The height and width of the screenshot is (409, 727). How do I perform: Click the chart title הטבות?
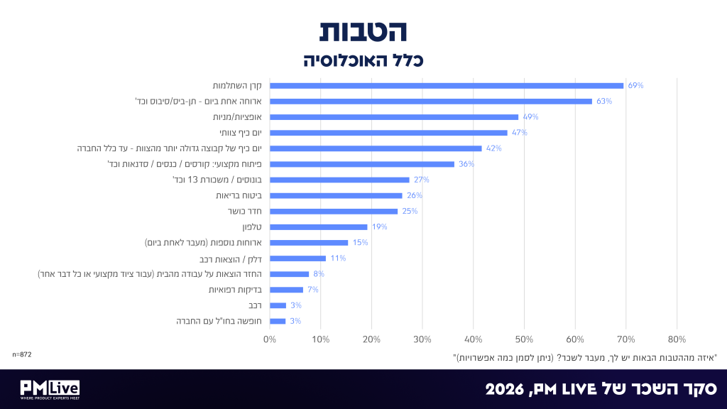point(363,31)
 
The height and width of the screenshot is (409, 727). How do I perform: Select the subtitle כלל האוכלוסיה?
point(363,60)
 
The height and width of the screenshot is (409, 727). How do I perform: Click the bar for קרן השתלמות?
point(447,86)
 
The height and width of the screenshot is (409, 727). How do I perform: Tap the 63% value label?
point(604,101)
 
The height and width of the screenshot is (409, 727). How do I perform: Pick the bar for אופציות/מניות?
point(394,117)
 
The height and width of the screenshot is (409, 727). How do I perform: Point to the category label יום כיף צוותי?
point(241,133)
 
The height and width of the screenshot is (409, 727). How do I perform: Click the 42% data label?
point(494,148)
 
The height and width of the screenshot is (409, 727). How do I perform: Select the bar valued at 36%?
point(362,164)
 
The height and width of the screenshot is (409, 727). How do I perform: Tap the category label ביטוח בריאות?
point(239,196)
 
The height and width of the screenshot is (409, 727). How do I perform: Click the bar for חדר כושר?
point(334,212)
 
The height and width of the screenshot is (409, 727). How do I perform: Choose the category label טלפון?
point(252,227)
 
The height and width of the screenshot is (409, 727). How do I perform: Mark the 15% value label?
point(360,243)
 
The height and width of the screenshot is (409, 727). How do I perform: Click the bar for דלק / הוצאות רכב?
point(297,258)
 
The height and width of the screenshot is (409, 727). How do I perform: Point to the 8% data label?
point(319,274)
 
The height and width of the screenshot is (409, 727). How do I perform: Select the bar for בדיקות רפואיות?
point(287,290)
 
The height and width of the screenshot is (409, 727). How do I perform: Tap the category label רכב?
point(256,305)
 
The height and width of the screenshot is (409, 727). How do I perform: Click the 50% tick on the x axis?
point(524,339)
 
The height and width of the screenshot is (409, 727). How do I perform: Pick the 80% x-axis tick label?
point(677,339)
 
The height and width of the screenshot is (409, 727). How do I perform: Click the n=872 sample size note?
point(22,355)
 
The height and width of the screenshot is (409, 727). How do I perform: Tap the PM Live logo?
point(50,390)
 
